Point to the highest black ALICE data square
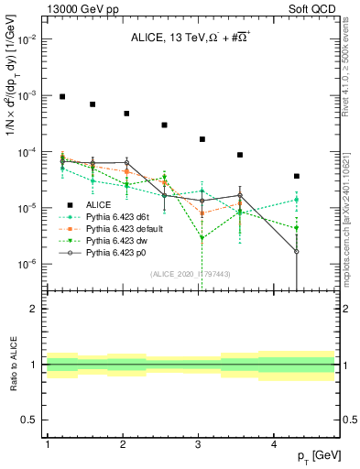(x=62, y=96)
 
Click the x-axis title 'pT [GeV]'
(x=318, y=455)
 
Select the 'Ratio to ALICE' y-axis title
(x=12, y=364)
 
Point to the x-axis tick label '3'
(x=199, y=443)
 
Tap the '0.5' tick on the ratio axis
(x=27, y=420)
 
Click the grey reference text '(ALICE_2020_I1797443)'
(x=190, y=275)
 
